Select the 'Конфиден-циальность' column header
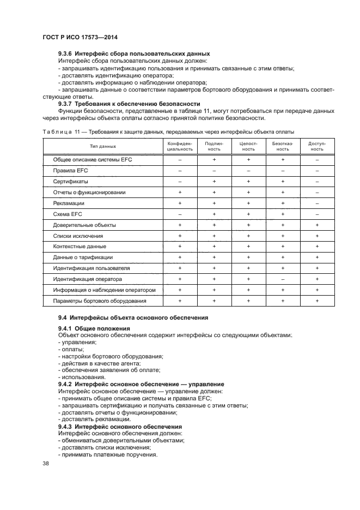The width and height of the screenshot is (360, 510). point(180,146)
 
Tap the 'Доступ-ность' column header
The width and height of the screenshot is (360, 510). point(317,146)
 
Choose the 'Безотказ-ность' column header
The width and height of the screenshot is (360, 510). point(283,146)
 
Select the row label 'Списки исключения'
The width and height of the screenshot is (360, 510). point(78,236)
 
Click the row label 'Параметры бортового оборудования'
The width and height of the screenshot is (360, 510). point(100,301)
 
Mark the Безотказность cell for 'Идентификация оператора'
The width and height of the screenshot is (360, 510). point(283,279)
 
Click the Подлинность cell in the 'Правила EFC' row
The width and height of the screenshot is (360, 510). point(214,171)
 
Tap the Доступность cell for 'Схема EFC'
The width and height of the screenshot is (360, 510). point(317,214)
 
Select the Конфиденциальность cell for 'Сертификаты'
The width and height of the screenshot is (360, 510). point(180,182)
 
